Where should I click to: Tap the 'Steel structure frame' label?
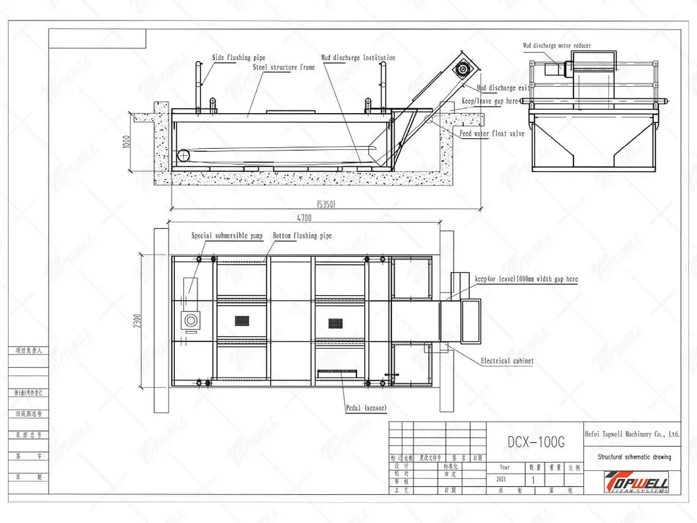(283, 67)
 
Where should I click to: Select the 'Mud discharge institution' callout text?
(358, 58)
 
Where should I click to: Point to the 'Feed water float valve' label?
(491, 134)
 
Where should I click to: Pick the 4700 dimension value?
(303, 218)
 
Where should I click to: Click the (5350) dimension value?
(325, 204)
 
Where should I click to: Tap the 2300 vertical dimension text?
(137, 320)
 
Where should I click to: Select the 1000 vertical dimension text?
(126, 142)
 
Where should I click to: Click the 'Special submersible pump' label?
(227, 236)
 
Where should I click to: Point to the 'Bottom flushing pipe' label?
(302, 236)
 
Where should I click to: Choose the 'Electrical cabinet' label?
(506, 361)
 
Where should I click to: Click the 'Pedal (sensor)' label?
(366, 409)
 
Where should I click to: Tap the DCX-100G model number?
(536, 442)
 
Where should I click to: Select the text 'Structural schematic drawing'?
(634, 457)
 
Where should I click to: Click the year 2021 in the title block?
(504, 480)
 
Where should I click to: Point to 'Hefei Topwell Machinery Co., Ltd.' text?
(632, 434)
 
